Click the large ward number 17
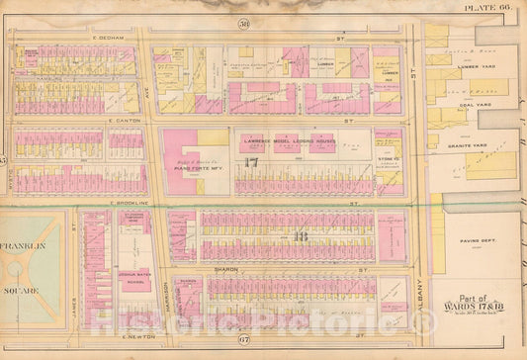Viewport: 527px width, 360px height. (251, 162)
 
